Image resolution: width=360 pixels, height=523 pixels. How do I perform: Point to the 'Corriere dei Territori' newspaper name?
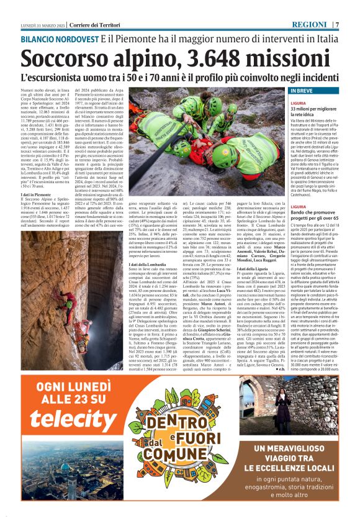pyautogui.click(x=79, y=24)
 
